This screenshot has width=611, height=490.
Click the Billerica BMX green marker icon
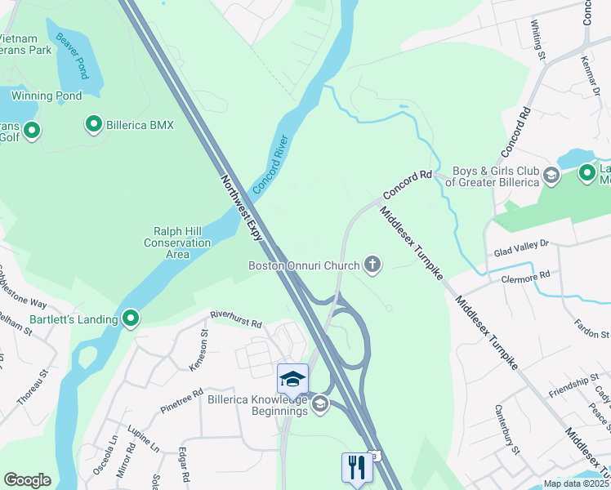pos(93,124)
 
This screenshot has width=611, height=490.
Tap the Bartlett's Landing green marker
pos(130,318)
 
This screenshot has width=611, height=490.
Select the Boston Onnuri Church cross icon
pos(372,264)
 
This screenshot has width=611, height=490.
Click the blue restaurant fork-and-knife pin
pos(357,468)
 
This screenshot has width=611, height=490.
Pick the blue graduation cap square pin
pos(292,378)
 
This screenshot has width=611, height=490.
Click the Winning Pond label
pos(47,96)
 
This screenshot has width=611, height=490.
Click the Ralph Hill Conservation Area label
pos(177,243)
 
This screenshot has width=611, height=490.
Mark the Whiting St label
pos(537,40)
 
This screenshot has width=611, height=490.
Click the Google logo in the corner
pos(27,480)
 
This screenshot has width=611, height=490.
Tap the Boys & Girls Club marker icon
pos(551,175)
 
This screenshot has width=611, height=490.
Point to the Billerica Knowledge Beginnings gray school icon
pos(320,403)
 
